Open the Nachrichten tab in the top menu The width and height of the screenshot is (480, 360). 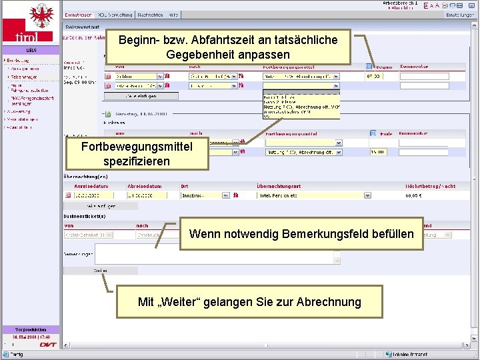click(x=150, y=14)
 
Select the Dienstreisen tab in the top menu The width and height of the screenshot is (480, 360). click(x=79, y=14)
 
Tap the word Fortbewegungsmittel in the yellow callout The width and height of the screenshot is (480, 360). click(x=137, y=147)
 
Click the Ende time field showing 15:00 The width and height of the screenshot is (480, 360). click(x=378, y=152)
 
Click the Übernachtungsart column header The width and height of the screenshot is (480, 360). click(x=281, y=186)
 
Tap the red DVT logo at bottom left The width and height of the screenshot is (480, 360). click(x=48, y=345)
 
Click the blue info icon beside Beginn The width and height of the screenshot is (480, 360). click(x=369, y=67)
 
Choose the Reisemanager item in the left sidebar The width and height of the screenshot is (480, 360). click(x=24, y=77)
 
